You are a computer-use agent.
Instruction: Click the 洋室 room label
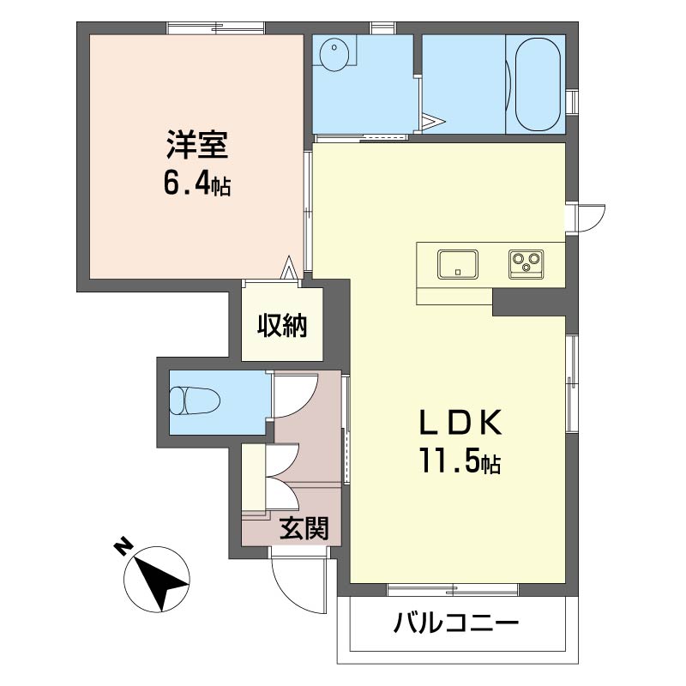[197, 144]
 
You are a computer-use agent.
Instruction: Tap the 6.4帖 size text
[197, 184]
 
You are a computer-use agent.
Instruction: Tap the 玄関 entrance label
[304, 528]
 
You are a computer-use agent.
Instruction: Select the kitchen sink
[458, 263]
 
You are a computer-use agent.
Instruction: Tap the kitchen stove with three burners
[524, 262]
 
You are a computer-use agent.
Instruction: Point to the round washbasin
[332, 56]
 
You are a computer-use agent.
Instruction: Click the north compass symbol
[157, 581]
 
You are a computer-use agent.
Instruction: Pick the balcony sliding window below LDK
[452, 589]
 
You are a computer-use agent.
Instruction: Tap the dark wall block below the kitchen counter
[528, 302]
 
